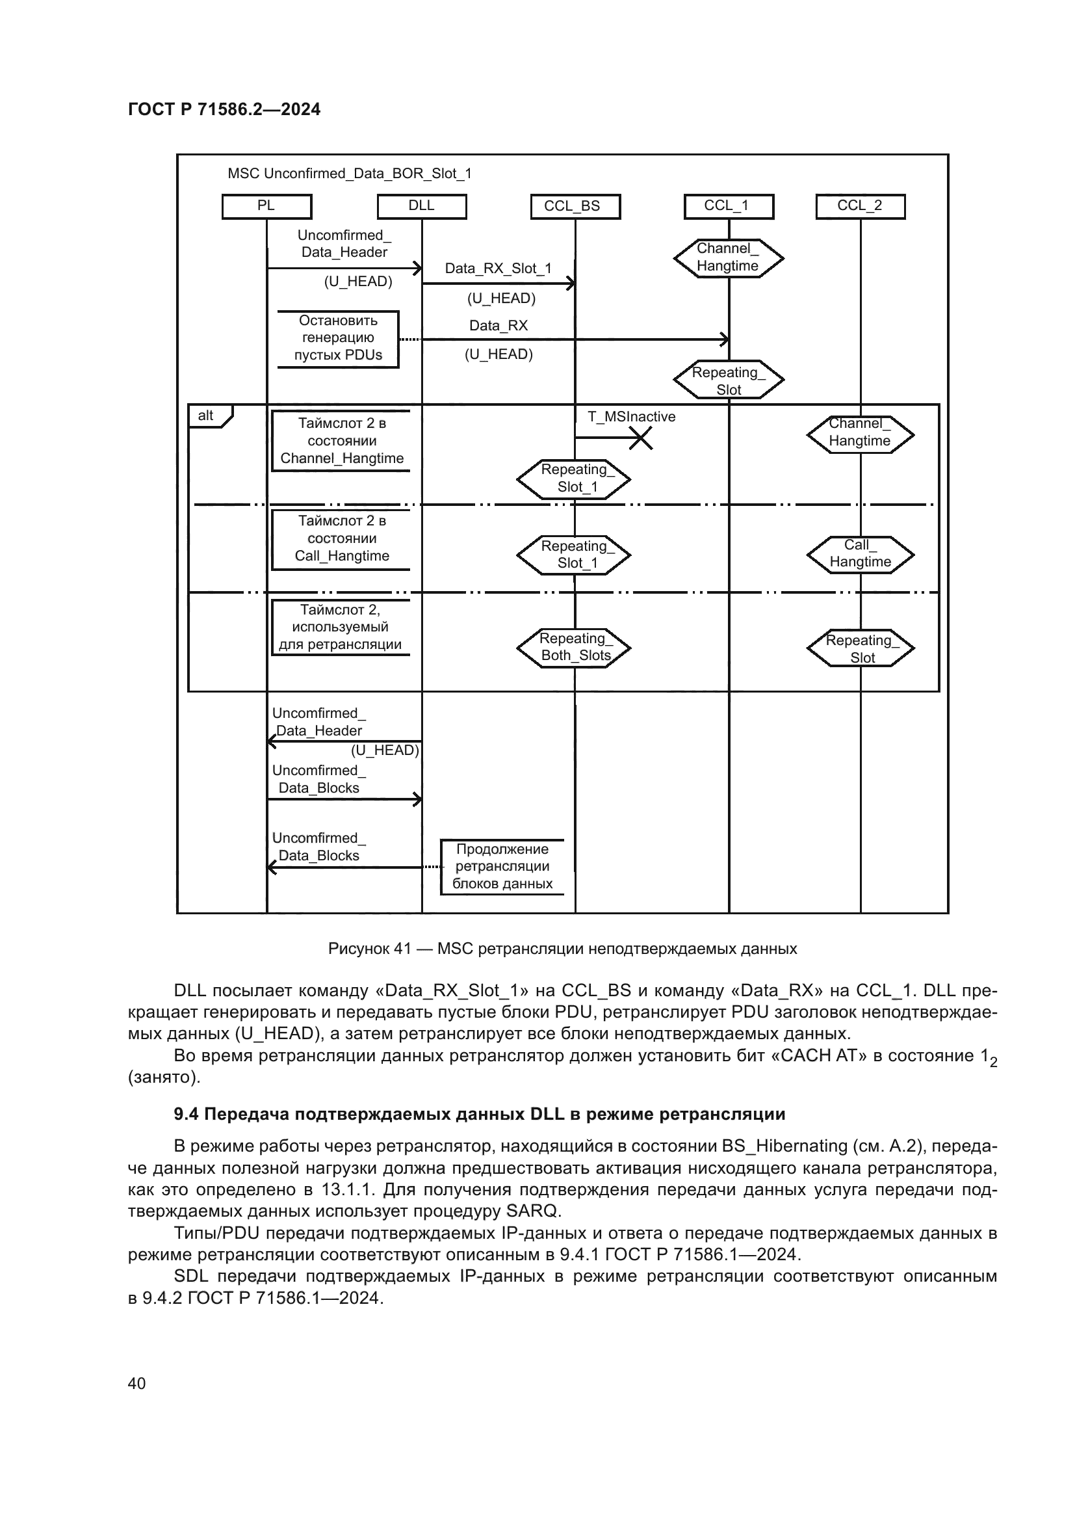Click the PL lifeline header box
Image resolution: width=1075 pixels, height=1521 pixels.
point(266,206)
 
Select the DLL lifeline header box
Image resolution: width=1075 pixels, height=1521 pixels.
point(422,206)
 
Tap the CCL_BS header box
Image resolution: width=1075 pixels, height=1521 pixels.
point(575,206)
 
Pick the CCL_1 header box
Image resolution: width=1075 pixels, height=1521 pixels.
point(728,206)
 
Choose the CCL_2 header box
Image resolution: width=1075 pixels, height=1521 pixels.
point(860,206)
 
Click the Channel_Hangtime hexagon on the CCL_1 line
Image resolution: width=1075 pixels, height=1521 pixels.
point(728,258)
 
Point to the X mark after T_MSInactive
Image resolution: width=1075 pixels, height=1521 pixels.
point(640,438)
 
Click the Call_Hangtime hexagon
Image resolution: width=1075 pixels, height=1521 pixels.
point(860,554)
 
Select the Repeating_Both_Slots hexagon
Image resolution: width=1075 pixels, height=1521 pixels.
point(574,647)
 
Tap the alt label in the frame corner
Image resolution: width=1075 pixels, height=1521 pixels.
point(206,416)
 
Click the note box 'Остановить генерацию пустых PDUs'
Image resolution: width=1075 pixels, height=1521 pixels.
point(337,339)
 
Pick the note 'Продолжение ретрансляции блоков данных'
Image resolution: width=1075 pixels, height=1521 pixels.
point(502,866)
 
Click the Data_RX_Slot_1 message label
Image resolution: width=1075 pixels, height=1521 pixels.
point(498,269)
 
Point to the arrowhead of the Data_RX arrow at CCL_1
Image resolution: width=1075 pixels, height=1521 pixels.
point(725,339)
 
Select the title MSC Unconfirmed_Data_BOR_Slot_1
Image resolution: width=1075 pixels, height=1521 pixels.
point(350,174)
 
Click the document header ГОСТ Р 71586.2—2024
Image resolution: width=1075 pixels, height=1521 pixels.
point(224,110)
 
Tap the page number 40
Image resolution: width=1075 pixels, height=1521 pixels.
point(137,1383)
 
